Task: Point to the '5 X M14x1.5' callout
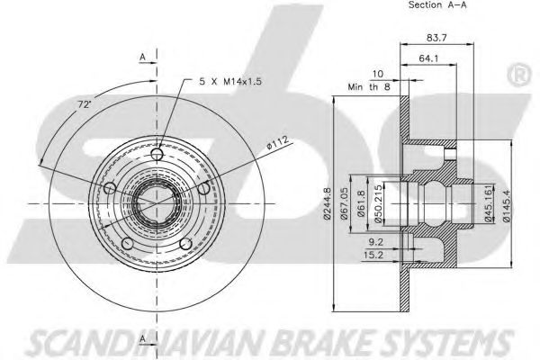coord(232,83)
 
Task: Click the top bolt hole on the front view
coord(158,156)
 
